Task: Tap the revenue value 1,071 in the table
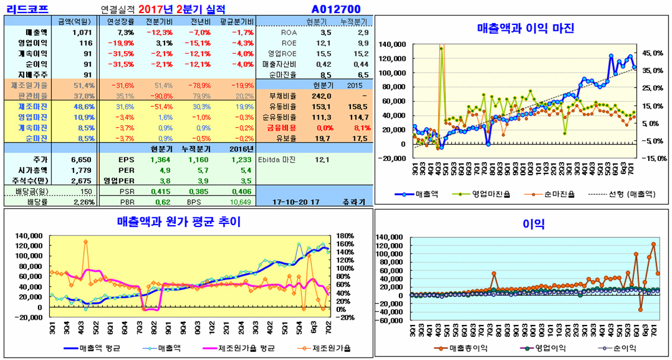81,32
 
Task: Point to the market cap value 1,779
81,170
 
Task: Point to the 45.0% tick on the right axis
649,53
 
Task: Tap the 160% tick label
345,236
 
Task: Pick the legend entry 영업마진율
487,194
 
